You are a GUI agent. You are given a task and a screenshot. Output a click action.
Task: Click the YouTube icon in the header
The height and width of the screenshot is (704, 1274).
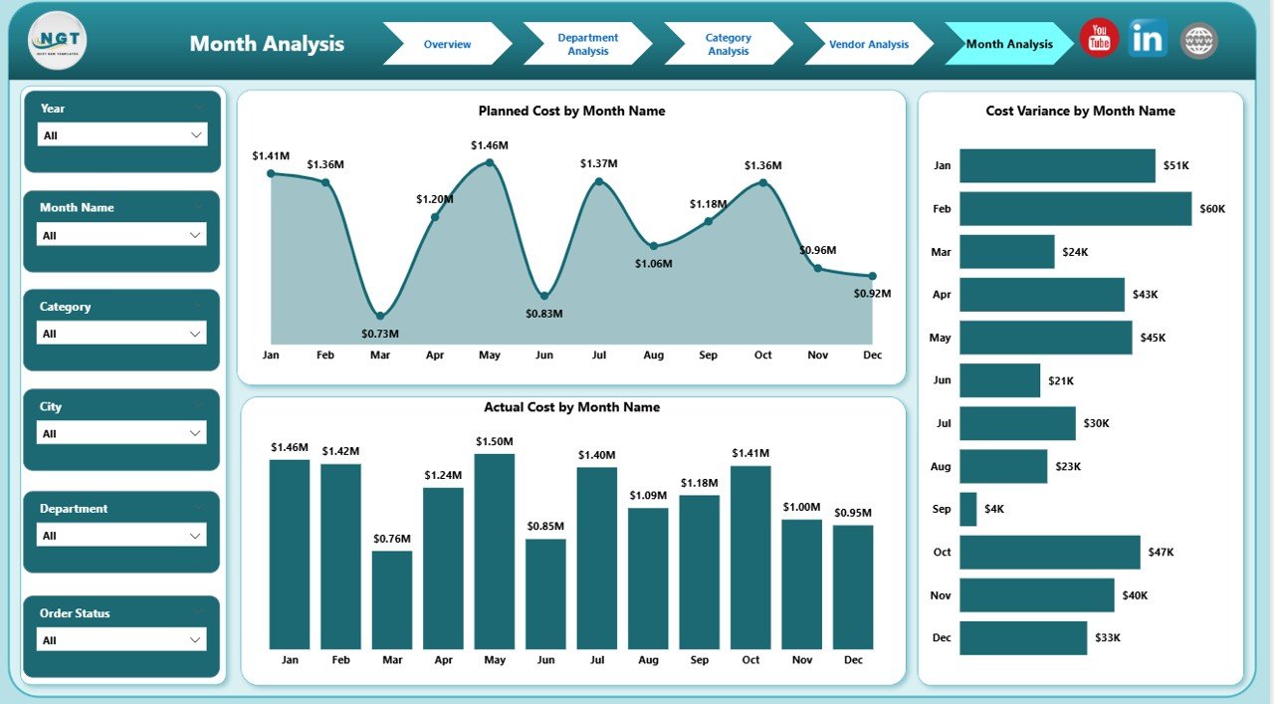coord(1099,39)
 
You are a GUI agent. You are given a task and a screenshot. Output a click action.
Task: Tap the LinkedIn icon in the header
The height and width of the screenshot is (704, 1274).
coord(1149,39)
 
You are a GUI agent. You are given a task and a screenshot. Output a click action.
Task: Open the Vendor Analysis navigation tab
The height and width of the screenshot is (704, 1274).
coord(868,44)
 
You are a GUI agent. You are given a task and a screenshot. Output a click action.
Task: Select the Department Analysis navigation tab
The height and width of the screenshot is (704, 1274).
coord(587,44)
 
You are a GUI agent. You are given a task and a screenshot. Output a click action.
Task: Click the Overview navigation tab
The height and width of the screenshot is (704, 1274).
coord(447,44)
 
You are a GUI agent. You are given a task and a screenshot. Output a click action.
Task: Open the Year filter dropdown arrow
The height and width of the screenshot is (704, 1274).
coord(195,134)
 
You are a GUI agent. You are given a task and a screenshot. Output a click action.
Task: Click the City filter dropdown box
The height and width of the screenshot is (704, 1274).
coord(121,433)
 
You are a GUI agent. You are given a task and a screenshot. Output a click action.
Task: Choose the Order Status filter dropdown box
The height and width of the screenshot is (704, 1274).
coord(121,640)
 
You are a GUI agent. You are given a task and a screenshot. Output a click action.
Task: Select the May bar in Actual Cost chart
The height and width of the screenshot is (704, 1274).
coord(495,552)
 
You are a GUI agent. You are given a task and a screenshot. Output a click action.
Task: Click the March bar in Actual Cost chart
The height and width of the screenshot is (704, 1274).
coord(392,599)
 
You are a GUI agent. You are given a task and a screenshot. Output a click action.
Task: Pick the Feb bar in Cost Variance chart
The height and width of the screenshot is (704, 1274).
coord(1075,209)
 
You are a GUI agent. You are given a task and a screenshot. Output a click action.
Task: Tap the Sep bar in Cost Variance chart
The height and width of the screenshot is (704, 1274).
coord(968,509)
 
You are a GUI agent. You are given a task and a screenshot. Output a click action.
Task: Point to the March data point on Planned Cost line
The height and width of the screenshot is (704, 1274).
coord(380,316)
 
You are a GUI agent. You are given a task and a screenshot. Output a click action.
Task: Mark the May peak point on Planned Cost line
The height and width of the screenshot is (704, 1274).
coord(489,161)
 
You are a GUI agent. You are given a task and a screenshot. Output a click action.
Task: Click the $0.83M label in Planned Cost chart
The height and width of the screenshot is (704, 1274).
coord(544,314)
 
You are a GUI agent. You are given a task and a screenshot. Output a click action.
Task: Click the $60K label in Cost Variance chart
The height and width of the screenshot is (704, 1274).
coord(1212,209)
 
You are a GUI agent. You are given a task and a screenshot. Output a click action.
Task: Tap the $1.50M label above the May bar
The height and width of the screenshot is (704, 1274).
coord(495,441)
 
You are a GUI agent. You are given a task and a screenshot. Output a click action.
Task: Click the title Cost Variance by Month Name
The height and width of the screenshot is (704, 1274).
coord(1080,112)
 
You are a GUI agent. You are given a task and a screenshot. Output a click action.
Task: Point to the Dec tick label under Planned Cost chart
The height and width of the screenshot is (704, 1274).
coord(872,355)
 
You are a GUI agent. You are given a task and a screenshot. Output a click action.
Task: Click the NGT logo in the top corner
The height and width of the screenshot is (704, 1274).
coord(58,41)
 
